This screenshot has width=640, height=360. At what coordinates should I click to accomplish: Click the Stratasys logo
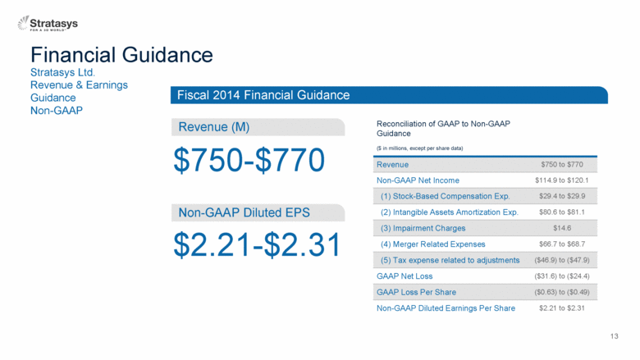tap(48, 23)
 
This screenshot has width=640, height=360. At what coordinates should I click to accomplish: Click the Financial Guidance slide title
tap(121, 55)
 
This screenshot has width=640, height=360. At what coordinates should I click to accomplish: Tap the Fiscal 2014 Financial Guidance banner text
tap(263, 95)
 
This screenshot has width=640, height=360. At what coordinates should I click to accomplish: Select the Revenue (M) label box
tap(258, 127)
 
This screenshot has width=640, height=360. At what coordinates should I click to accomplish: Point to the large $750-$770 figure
tap(249, 160)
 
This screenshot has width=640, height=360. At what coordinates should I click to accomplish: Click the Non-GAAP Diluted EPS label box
tap(258, 213)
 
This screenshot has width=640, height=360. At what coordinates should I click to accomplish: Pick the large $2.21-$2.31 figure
tap(257, 244)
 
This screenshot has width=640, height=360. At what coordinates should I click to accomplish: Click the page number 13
tap(615, 336)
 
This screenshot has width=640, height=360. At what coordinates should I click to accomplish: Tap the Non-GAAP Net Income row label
tap(418, 180)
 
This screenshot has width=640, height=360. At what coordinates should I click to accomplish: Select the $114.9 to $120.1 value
tap(561, 180)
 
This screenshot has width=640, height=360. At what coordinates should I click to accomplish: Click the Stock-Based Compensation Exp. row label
tap(446, 196)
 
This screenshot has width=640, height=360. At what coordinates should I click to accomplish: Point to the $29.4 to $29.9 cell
tap(562, 196)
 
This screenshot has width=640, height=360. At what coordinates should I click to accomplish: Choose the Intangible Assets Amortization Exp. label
tap(450, 212)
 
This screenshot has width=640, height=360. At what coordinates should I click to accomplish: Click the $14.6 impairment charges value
tap(562, 228)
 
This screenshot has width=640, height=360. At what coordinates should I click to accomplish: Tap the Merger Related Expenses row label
tap(433, 244)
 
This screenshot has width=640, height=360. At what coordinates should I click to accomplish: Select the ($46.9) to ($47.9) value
tap(562, 260)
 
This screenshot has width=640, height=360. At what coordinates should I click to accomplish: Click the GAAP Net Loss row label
tap(405, 276)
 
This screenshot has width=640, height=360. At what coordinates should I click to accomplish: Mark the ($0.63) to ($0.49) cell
tap(562, 292)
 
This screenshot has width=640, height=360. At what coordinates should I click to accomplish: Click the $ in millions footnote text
tap(419, 148)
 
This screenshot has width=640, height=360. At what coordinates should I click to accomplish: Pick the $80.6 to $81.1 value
tap(562, 212)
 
